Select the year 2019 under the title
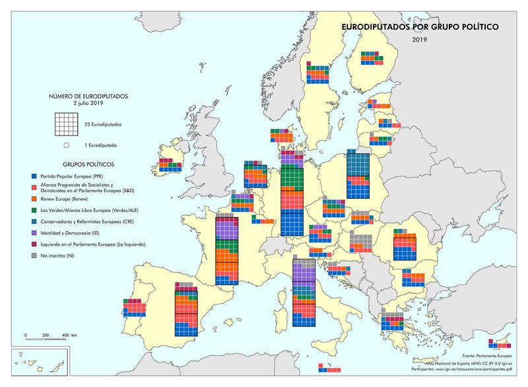tap(420, 40)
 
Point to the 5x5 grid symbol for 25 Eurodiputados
tap(67, 124)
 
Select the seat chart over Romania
tap(405, 246)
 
